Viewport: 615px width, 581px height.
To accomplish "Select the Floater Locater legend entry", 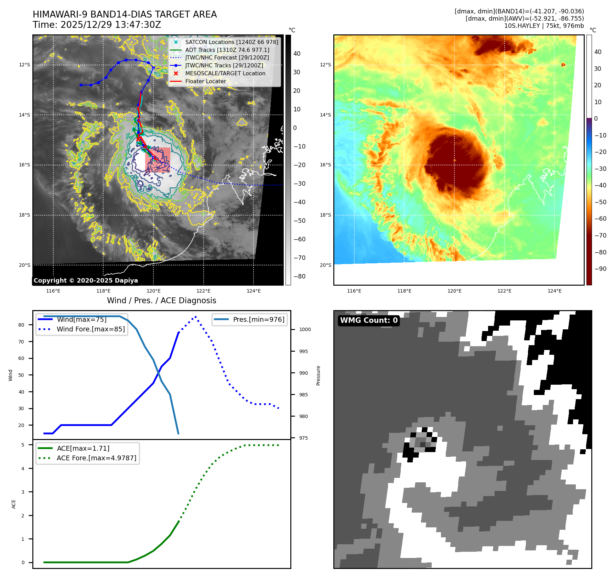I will click(205, 81).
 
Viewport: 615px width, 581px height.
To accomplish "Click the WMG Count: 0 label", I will click(369, 320).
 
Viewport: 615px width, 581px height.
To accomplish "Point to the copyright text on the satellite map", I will click(86, 281).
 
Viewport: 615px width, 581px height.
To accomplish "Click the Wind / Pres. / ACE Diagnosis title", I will click(161, 301).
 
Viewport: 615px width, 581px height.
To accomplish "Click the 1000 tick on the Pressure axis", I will click(305, 330).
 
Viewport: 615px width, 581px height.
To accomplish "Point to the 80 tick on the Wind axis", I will click(21, 325).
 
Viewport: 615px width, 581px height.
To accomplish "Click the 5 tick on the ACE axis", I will click(23, 445).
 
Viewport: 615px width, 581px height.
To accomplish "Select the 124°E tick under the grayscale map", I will click(253, 291).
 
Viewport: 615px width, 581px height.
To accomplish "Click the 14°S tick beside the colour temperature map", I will click(325, 115).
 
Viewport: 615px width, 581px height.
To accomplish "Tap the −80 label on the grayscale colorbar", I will click(299, 276).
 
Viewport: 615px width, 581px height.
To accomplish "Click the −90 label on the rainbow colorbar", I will click(601, 269).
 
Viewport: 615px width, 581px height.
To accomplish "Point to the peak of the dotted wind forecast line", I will click(195, 317).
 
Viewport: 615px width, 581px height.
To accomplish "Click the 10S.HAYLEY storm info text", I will click(544, 26).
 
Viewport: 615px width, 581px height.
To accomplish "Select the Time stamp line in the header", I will click(97, 25).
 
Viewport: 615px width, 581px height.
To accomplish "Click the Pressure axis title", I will click(319, 375).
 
